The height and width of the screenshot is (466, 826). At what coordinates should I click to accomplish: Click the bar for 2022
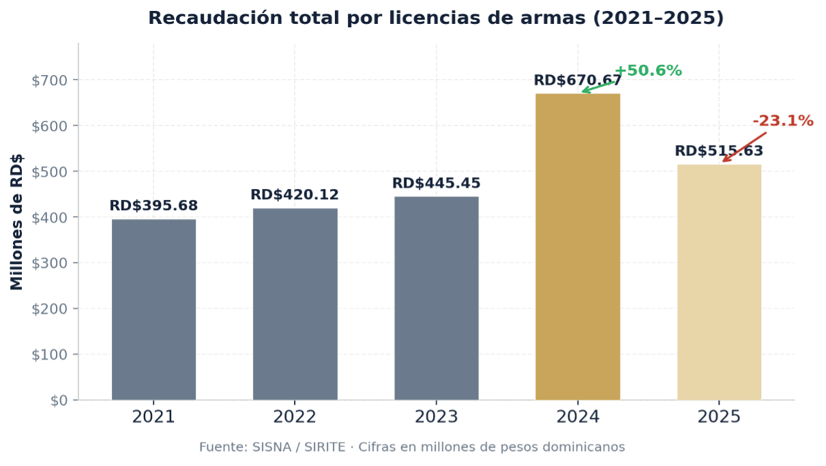(x=295, y=304)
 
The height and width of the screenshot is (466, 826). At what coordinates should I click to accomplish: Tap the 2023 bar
(x=436, y=298)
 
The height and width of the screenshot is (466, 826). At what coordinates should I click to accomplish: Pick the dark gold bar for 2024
(x=578, y=246)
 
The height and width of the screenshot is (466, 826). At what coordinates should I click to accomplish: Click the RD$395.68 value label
(x=153, y=206)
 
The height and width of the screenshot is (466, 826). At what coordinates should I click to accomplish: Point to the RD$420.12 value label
(x=295, y=195)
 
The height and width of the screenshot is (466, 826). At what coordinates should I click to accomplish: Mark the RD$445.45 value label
(x=436, y=184)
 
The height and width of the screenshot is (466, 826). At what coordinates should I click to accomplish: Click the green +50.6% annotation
(x=648, y=71)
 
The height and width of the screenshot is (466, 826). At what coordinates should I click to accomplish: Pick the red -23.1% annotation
(x=783, y=121)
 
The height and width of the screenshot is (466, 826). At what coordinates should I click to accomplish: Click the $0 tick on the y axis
(x=59, y=401)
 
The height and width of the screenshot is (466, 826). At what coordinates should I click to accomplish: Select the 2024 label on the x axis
(x=578, y=417)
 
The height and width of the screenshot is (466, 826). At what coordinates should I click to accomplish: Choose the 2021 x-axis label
(x=153, y=417)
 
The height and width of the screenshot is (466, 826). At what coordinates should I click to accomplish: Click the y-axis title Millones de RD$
(x=17, y=222)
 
